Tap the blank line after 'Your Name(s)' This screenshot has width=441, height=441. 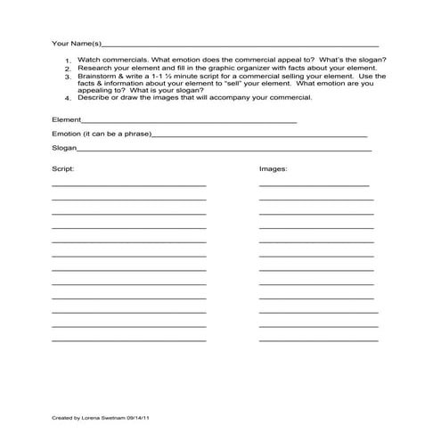(241, 45)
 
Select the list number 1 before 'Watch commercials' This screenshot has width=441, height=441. (68, 61)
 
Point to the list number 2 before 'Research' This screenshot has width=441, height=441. (68, 69)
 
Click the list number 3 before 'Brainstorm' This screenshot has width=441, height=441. (68, 78)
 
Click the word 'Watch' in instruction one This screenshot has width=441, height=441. (89, 60)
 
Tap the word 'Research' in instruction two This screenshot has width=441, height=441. (94, 68)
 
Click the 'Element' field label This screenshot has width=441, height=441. (66, 118)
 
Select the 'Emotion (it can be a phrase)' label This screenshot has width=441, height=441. (102, 134)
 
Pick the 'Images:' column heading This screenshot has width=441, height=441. (273, 167)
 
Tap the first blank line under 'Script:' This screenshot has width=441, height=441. (128, 184)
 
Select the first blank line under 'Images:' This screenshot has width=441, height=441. (314, 184)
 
